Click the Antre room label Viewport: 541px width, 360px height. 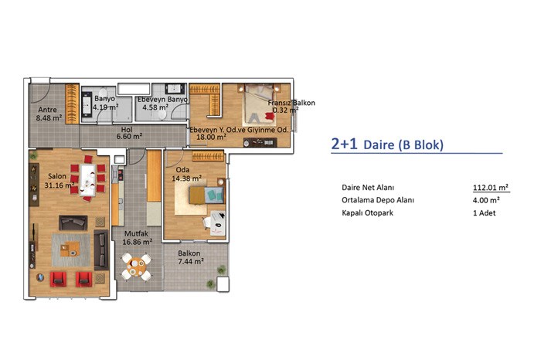point(48,110)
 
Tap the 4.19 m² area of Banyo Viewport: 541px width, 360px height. point(106,107)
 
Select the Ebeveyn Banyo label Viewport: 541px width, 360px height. point(163,100)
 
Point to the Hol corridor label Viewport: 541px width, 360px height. point(127,130)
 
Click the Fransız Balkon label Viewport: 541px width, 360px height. point(291,103)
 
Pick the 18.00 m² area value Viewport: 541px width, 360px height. point(211,137)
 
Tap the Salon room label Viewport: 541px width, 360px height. point(57,176)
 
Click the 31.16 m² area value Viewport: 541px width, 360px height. point(60,185)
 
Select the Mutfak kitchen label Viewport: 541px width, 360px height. point(136,233)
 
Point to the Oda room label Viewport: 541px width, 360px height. point(182,170)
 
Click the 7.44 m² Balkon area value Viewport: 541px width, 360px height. point(191,262)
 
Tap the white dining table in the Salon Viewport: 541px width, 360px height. point(87,180)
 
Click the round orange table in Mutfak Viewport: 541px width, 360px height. point(136,266)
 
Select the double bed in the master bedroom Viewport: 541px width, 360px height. point(260,105)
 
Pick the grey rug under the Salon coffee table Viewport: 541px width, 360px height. point(71,250)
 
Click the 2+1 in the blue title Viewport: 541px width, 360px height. point(344,144)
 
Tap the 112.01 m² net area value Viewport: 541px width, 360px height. point(491,188)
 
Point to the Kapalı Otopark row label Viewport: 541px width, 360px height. point(367,212)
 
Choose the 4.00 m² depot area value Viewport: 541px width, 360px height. point(486,200)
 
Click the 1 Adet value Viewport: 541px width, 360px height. point(484,213)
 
